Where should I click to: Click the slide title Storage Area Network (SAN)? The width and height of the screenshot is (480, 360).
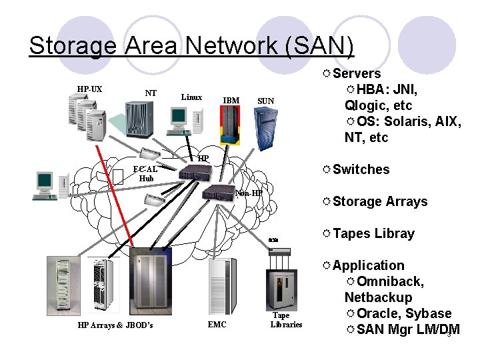click(191, 45)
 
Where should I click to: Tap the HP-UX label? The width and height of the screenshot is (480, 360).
click(89, 89)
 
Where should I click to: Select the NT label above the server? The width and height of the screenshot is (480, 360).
click(151, 93)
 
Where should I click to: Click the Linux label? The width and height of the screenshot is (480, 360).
click(191, 97)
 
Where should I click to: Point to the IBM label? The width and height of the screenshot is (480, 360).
click(231, 101)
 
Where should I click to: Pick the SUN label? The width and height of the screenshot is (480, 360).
click(265, 101)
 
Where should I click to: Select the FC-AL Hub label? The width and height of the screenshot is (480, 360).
click(145, 174)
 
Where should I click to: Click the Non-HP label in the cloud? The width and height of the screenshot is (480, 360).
click(248, 193)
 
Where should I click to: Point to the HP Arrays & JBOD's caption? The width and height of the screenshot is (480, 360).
click(115, 325)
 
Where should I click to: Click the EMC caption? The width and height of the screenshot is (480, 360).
click(217, 325)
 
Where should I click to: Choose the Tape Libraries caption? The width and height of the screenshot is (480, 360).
click(286, 320)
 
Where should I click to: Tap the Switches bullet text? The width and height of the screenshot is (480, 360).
click(361, 169)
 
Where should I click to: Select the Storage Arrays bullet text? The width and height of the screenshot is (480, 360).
click(380, 201)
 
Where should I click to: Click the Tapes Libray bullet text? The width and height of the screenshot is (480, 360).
click(373, 233)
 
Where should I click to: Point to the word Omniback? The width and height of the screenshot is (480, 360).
click(390, 281)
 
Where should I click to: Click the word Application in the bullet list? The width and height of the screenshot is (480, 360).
click(368, 265)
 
